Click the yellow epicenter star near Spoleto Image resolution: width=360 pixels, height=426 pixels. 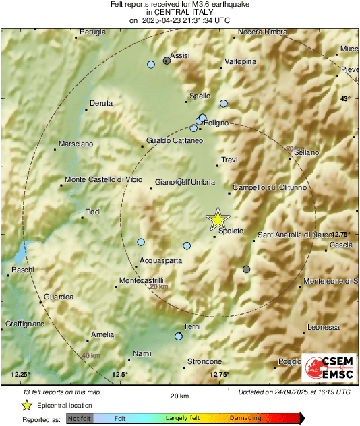[x=218, y=219]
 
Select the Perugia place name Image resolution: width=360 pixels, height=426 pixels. [x=93, y=32]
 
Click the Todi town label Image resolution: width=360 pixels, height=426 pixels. [x=94, y=212]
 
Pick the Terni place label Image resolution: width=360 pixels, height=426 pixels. [x=193, y=327]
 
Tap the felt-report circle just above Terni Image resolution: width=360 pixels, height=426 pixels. [x=179, y=336]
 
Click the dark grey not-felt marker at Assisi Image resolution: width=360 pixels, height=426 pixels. [x=167, y=60]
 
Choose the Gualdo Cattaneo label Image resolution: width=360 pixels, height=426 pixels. [x=175, y=141]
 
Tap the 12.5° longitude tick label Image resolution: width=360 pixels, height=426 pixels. [x=119, y=374]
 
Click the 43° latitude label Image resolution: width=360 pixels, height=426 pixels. [x=346, y=99]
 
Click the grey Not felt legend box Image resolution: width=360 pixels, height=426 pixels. [x=80, y=419]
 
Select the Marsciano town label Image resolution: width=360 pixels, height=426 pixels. [x=76, y=144]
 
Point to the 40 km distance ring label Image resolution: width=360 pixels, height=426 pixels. [x=90, y=355]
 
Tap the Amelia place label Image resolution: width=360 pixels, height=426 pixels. [x=102, y=334]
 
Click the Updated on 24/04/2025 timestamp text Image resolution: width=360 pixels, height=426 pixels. [x=294, y=392]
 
